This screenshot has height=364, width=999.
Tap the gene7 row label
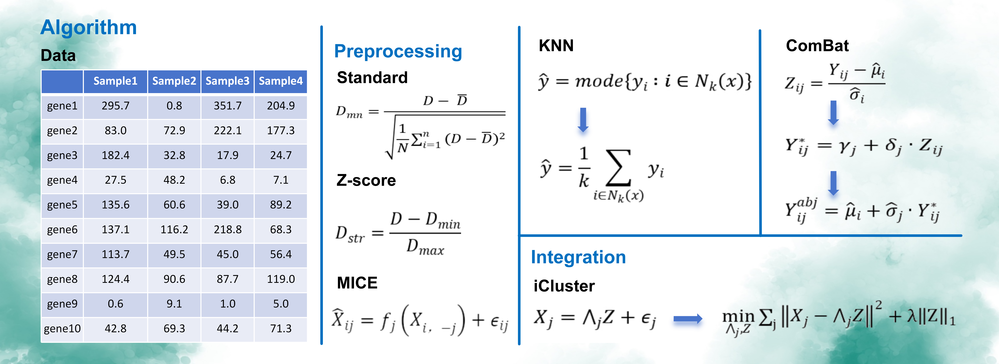click(62, 254)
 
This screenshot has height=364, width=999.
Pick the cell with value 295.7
click(116, 106)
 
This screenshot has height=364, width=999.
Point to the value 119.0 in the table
click(281, 279)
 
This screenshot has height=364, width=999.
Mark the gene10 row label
click(62, 329)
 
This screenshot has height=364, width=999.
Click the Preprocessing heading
click(398, 52)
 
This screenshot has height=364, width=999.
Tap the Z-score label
click(366, 180)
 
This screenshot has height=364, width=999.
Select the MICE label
click(357, 283)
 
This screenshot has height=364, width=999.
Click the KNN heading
click(556, 46)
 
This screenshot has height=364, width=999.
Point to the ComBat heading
click(817, 46)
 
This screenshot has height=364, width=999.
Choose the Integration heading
click(578, 257)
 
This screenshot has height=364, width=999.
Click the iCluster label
click(564, 286)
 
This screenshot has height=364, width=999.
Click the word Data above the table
click(58, 55)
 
